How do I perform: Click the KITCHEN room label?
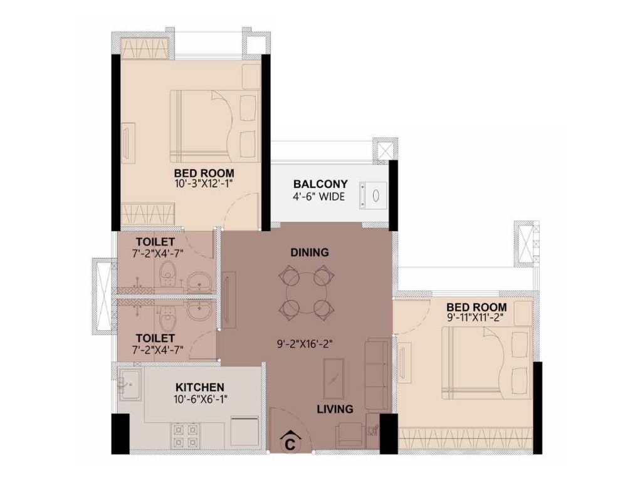(x=200, y=387)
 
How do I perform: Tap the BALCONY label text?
(x=320, y=184)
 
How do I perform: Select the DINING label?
(x=310, y=252)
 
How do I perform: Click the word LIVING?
(x=335, y=408)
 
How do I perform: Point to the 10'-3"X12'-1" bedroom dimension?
(x=204, y=183)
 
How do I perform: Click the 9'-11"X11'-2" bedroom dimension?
(x=476, y=316)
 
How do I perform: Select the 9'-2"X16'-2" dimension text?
(x=304, y=344)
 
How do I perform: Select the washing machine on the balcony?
(x=373, y=195)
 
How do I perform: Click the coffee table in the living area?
(x=334, y=379)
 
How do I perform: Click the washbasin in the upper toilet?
(x=199, y=281)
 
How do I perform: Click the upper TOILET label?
(x=155, y=242)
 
